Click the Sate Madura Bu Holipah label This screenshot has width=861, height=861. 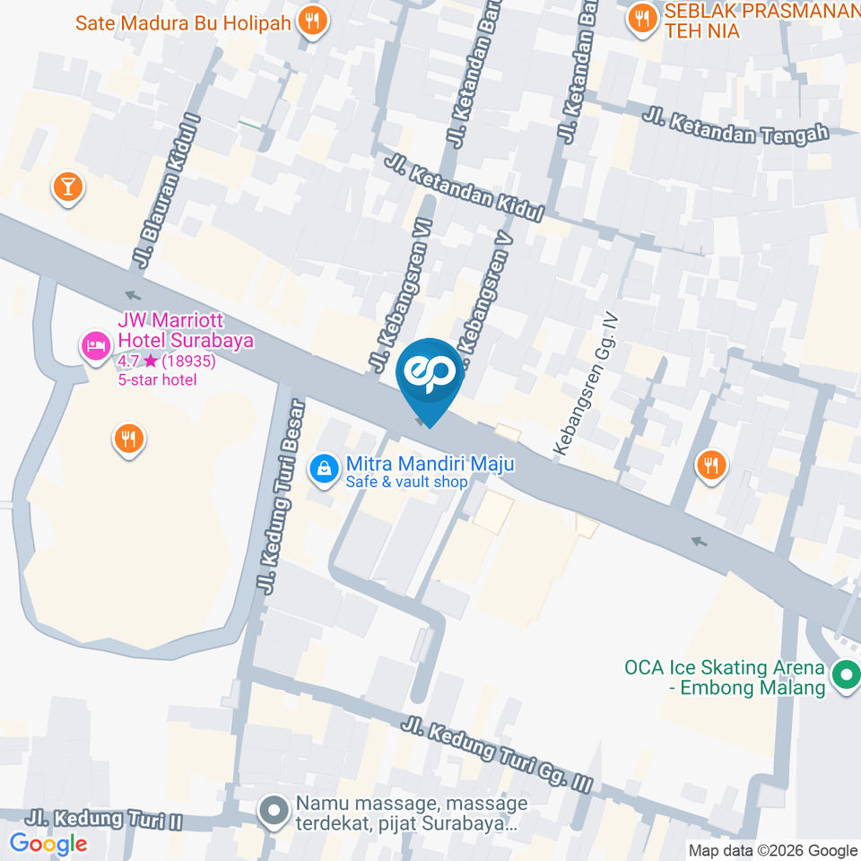pyautogui.click(x=183, y=22)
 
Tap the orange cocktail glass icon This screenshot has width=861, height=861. pyautogui.click(x=67, y=187)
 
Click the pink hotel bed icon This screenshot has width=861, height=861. pyautogui.click(x=95, y=344)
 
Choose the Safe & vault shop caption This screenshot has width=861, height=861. pyautogui.click(x=407, y=483)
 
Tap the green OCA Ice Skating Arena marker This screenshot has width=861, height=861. pyautogui.click(x=845, y=675)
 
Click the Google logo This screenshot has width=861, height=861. pyautogui.click(x=48, y=843)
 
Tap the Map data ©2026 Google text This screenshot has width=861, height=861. pyautogui.click(x=772, y=850)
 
